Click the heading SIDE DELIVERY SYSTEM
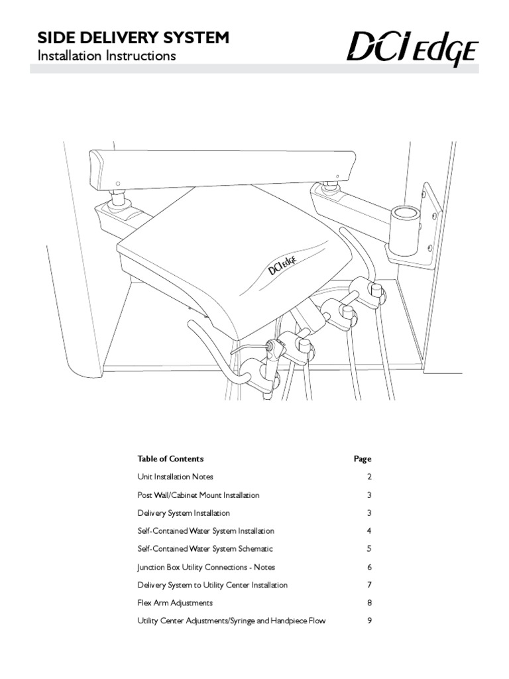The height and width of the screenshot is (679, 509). pyautogui.click(x=132, y=38)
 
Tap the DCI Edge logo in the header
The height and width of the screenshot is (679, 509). pyautogui.click(x=412, y=50)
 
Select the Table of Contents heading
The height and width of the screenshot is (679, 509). pyautogui.click(x=170, y=459)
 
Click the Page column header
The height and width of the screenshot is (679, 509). pyautogui.click(x=363, y=459)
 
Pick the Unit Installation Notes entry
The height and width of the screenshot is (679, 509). pyautogui.click(x=175, y=477)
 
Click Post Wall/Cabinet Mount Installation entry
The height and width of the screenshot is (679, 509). pyautogui.click(x=198, y=495)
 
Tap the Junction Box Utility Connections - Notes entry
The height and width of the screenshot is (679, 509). pyautogui.click(x=206, y=568)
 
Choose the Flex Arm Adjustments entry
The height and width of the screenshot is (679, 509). pyautogui.click(x=175, y=603)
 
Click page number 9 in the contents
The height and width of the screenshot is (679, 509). pyautogui.click(x=369, y=621)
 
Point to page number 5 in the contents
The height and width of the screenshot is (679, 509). pyautogui.click(x=369, y=549)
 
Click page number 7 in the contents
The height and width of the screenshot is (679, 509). pyautogui.click(x=369, y=586)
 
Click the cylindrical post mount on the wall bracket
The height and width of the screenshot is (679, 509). pyautogui.click(x=404, y=229)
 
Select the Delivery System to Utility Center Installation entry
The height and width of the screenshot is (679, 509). pyautogui.click(x=212, y=586)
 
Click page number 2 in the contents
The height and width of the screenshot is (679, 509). pyautogui.click(x=369, y=477)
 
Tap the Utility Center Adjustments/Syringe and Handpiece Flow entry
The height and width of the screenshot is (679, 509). pyautogui.click(x=231, y=621)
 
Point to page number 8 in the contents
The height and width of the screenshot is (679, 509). pyautogui.click(x=369, y=603)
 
